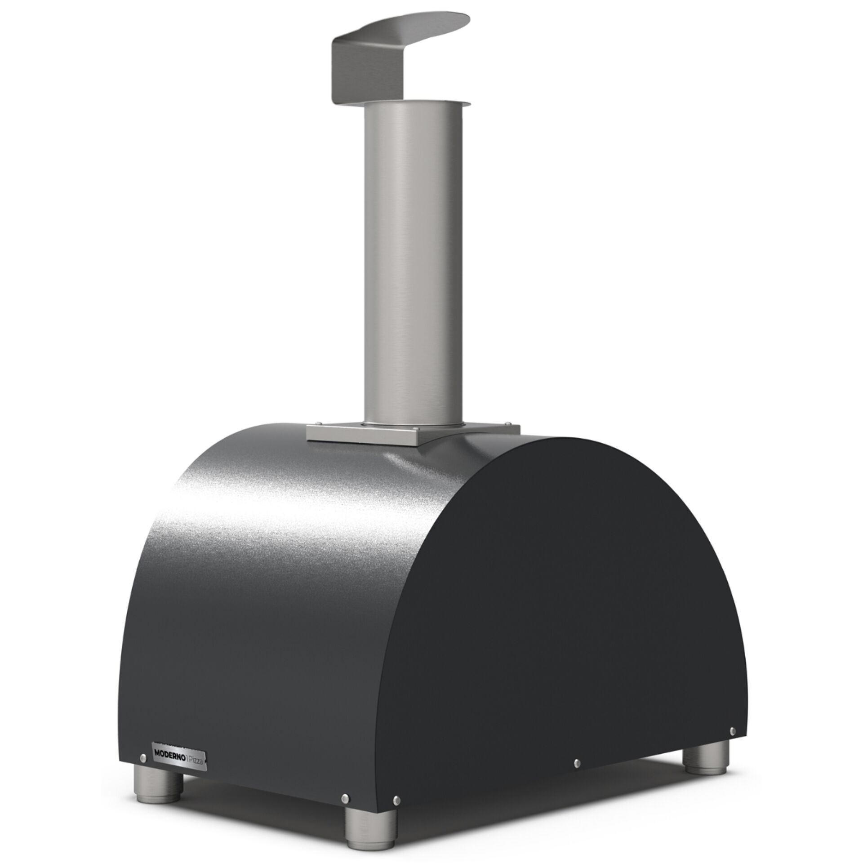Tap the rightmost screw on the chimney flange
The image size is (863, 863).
(x=508, y=423)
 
